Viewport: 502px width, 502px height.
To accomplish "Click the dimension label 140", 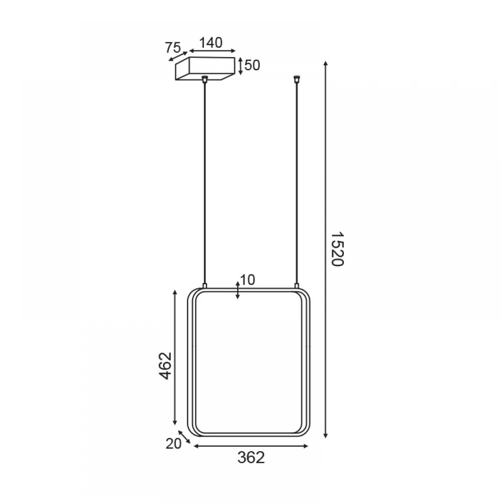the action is (x=211, y=43).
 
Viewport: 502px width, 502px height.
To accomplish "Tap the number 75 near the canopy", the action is (x=173, y=48).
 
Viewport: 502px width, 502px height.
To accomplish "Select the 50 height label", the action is (x=252, y=65).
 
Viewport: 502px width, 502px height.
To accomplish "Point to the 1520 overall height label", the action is (x=337, y=249).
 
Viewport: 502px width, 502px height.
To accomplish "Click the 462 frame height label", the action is (x=166, y=366).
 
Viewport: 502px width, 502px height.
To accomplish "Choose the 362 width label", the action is (x=252, y=457).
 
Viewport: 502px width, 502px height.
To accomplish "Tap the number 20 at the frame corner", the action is (x=173, y=444).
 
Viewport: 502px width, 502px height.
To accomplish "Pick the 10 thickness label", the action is (x=247, y=280).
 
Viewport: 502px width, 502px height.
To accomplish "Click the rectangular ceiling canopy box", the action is (x=205, y=68).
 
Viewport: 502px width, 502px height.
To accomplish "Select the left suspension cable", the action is (x=205, y=183).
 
